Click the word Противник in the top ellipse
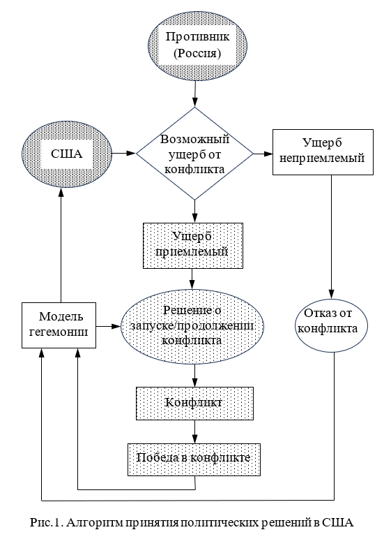(x=197, y=36)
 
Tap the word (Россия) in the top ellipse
(x=197, y=54)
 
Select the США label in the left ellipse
(x=67, y=154)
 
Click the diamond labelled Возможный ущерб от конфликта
(x=194, y=154)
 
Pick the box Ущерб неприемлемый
(x=323, y=152)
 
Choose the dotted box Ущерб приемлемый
(x=193, y=246)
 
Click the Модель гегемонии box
(x=59, y=325)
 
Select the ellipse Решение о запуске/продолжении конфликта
(x=192, y=326)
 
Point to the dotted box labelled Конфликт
(x=194, y=404)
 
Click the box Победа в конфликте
(x=194, y=459)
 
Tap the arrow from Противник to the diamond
(x=195, y=94)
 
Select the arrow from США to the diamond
(x=124, y=153)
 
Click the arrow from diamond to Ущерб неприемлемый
(x=263, y=154)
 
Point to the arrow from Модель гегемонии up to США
(x=61, y=245)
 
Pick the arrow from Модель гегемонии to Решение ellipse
(x=108, y=326)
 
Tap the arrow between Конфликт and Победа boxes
(x=194, y=431)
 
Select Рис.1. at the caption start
(x=46, y=522)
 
